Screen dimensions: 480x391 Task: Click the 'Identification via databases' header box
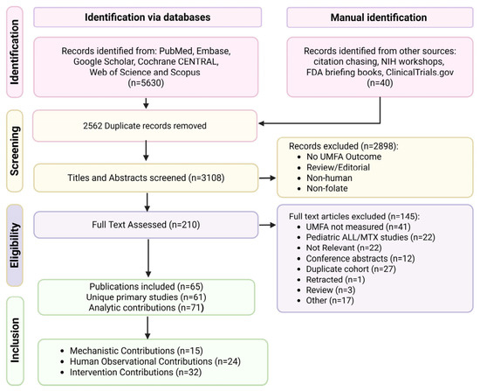147,17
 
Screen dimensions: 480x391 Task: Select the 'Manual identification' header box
380,17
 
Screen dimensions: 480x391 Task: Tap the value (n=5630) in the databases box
146,83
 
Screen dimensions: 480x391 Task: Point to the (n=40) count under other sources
380,83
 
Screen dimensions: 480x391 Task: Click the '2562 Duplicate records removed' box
145,126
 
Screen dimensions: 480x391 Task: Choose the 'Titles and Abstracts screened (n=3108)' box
146,178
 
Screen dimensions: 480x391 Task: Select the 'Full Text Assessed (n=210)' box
146,225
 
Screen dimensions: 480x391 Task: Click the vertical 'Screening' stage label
15,150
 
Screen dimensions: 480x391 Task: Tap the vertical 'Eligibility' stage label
15,245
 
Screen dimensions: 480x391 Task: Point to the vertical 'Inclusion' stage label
15,340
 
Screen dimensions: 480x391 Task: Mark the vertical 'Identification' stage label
15,52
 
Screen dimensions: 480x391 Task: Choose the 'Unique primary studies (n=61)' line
146,297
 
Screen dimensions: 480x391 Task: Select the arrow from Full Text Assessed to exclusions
267,225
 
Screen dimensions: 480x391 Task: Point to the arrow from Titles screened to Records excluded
267,178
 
